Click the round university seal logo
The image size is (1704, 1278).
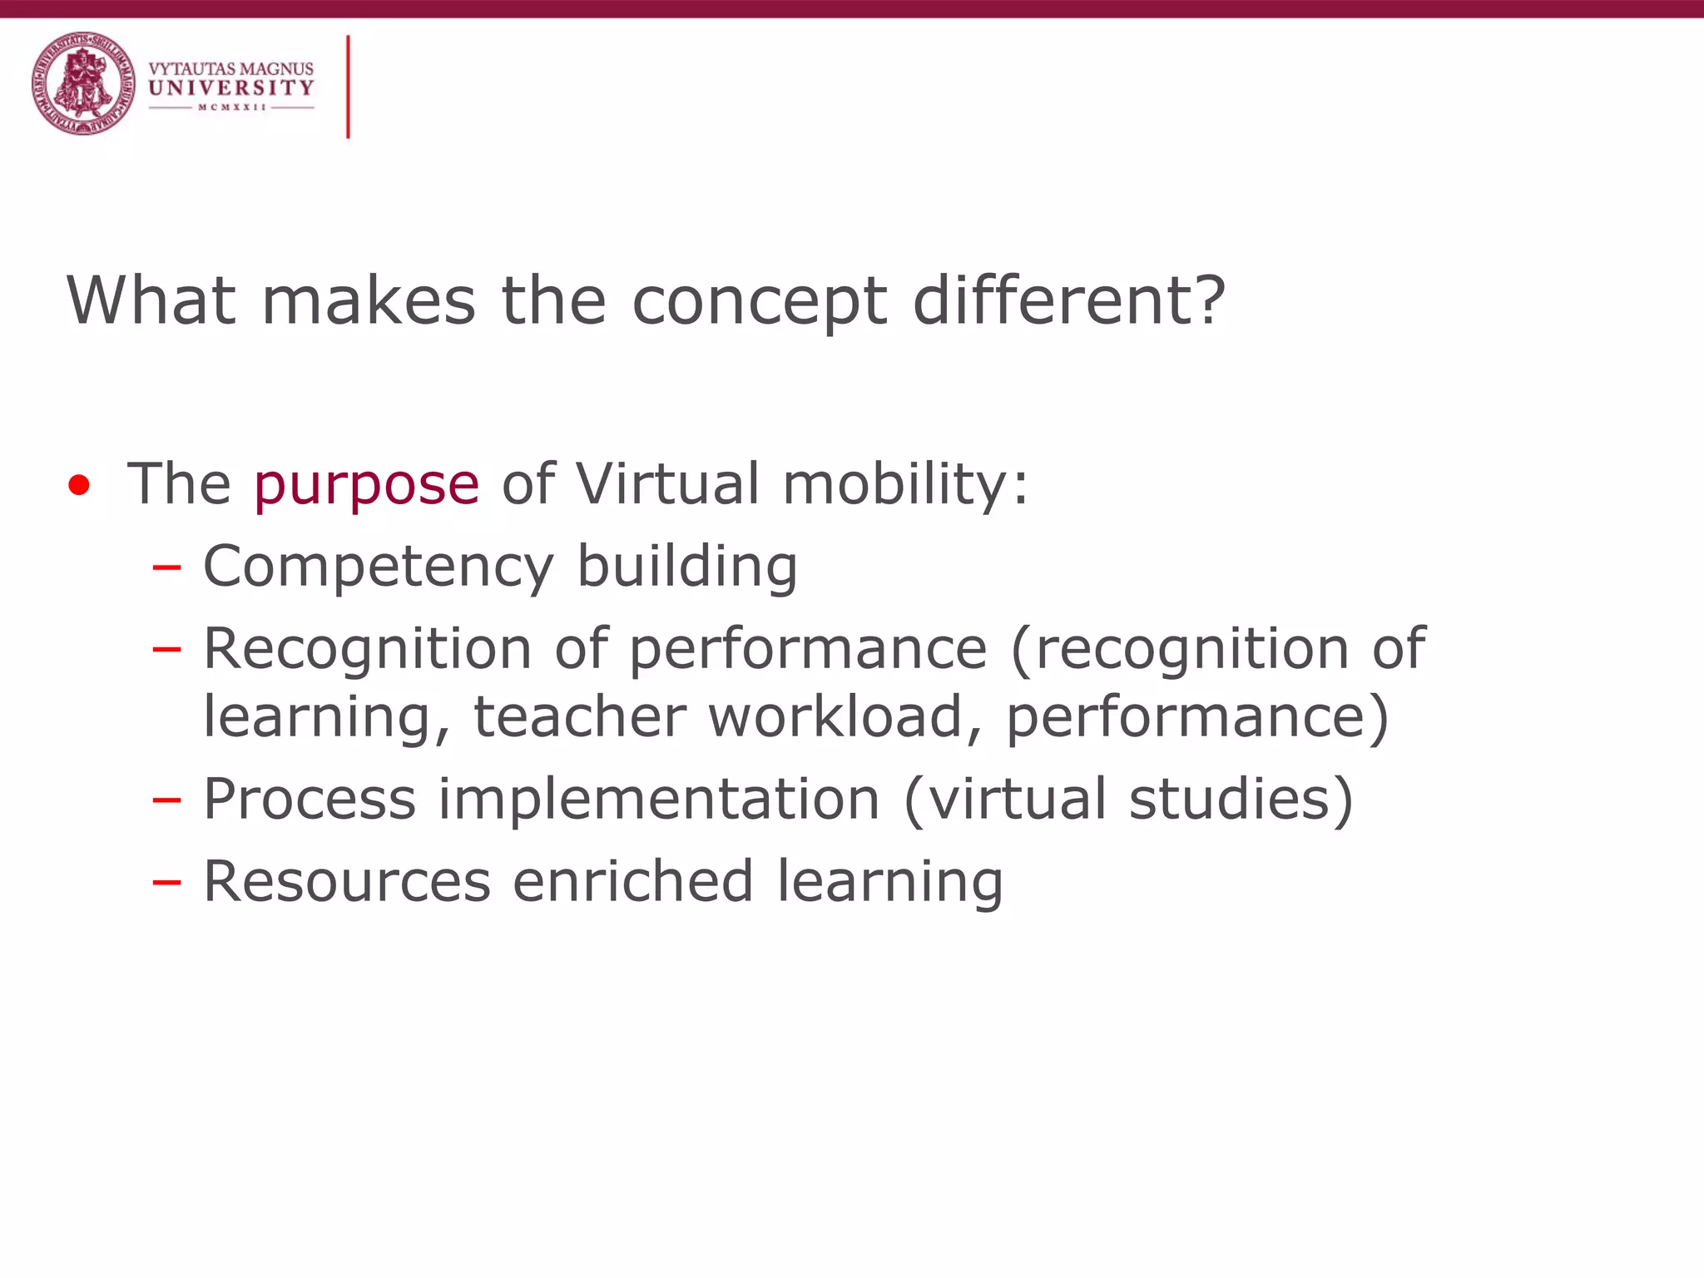(x=83, y=83)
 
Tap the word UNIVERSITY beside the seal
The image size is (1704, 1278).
(x=230, y=87)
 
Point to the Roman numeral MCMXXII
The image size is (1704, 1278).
(x=231, y=107)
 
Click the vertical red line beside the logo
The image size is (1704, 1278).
(x=348, y=87)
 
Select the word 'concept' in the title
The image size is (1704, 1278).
(x=760, y=301)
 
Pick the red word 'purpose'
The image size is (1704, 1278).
(x=366, y=485)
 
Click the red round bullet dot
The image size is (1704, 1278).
(x=79, y=485)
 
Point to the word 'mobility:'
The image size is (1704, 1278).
(x=905, y=485)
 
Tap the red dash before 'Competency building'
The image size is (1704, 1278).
(x=166, y=567)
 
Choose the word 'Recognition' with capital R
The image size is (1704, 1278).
(x=367, y=649)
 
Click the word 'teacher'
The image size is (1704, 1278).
(x=580, y=716)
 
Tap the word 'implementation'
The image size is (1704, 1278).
(x=659, y=799)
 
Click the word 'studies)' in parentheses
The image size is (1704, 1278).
(x=1241, y=799)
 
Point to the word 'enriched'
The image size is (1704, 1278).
(x=633, y=881)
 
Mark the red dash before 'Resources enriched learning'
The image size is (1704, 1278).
(x=166, y=882)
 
